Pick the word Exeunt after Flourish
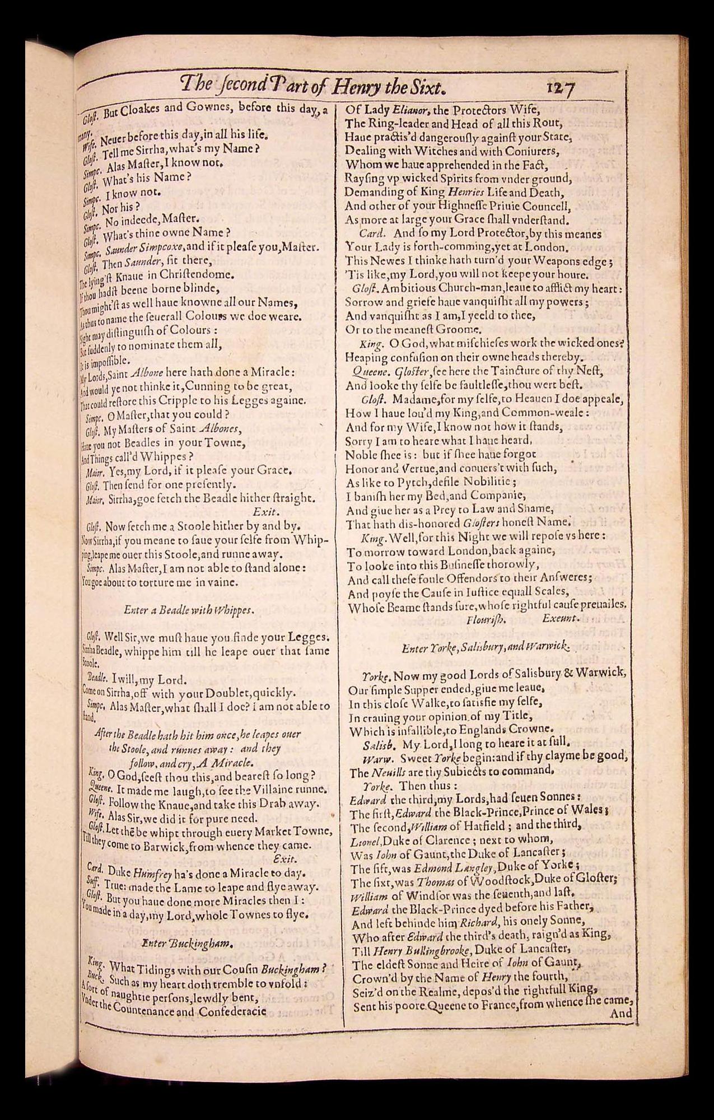pos(560,619)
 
